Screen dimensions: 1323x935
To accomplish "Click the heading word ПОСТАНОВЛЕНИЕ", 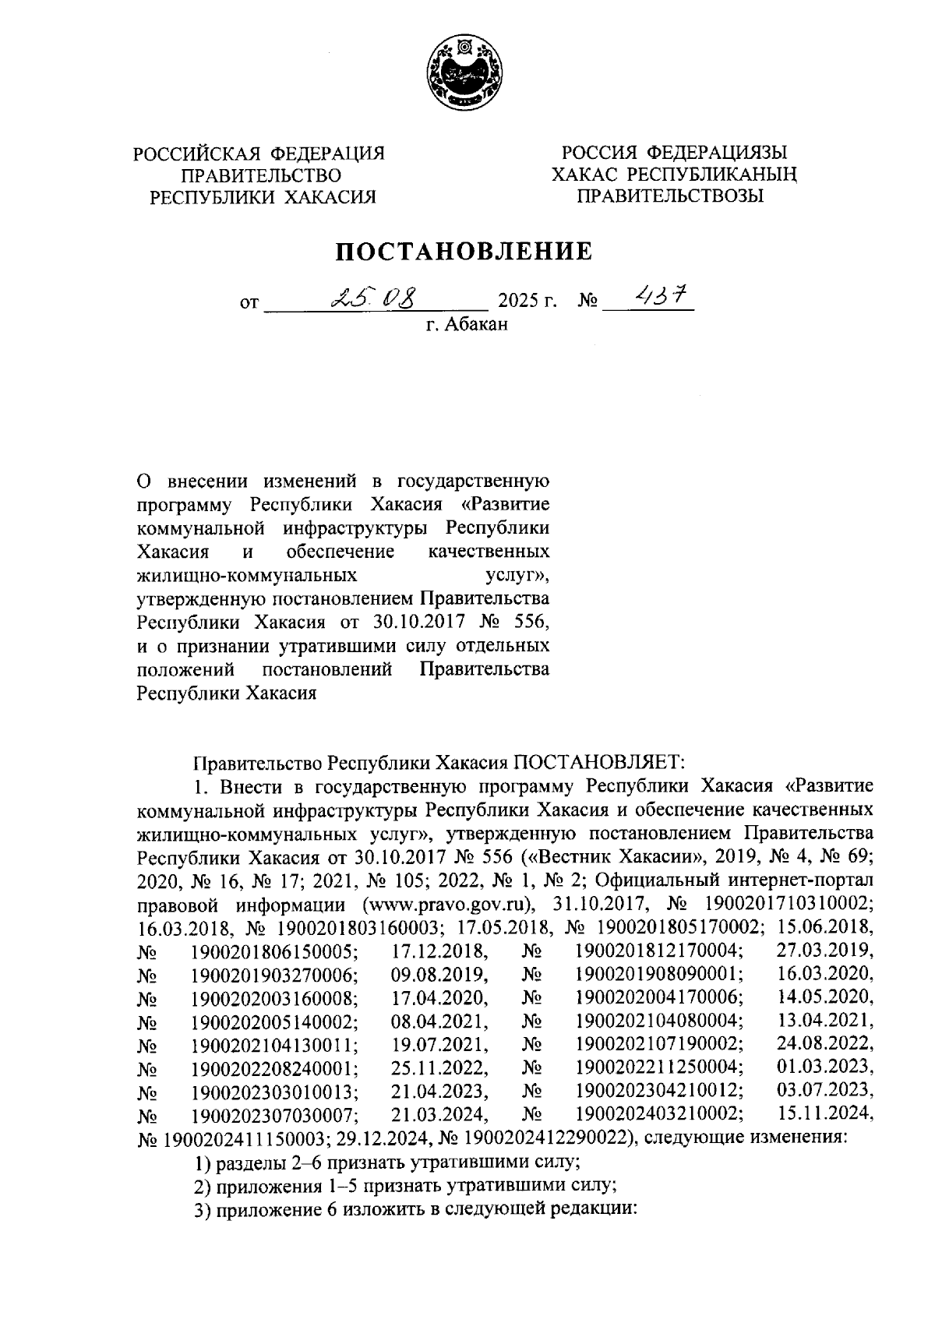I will pos(464,252).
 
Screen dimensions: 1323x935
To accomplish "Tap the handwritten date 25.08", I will pos(373,298).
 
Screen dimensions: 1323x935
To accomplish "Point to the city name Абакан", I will pos(476,323).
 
